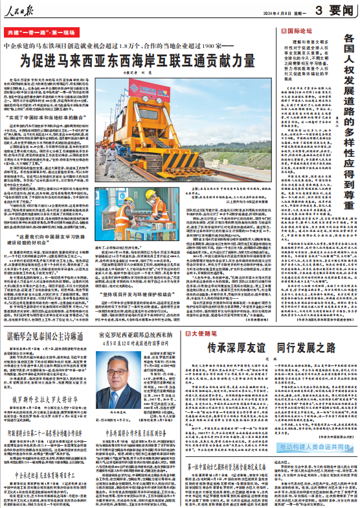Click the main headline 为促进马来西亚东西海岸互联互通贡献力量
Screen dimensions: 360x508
137,63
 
